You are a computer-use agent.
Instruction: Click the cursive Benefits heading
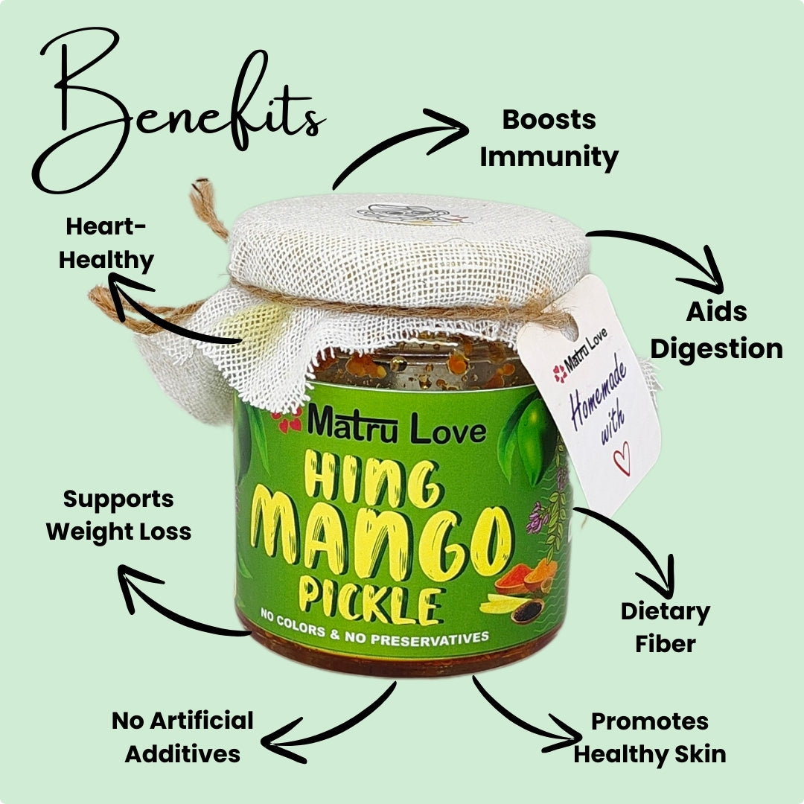coord(179,112)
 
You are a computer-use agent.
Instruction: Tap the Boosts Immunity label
coord(549,138)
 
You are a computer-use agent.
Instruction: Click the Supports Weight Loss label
coord(118,515)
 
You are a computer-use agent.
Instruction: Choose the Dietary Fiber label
coord(665,627)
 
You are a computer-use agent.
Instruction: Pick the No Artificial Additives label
coord(182,737)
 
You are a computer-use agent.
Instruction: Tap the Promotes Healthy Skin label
coord(650,737)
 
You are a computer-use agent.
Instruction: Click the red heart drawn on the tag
coord(620,456)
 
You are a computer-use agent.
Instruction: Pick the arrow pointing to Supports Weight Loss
coord(179,603)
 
